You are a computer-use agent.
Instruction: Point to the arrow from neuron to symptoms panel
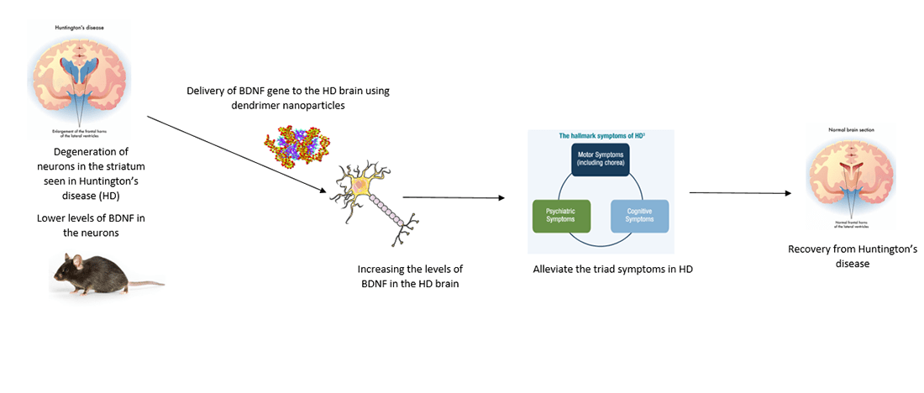pos(454,198)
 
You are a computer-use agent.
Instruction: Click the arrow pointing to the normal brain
pos(739,192)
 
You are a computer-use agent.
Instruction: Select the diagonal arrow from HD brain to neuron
pos(235,153)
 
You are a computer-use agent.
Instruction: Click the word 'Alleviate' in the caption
pos(555,270)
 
